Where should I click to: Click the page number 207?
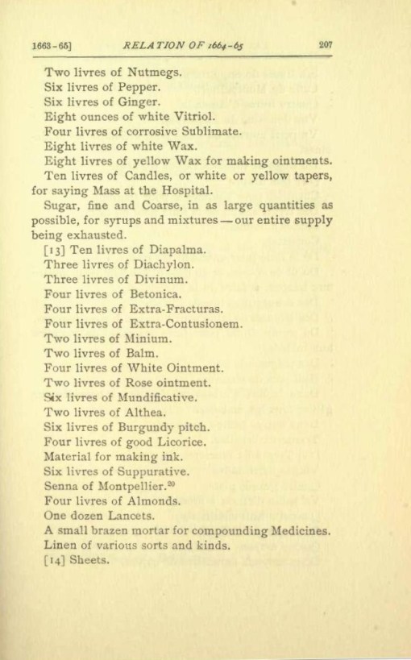[x=326, y=45]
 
